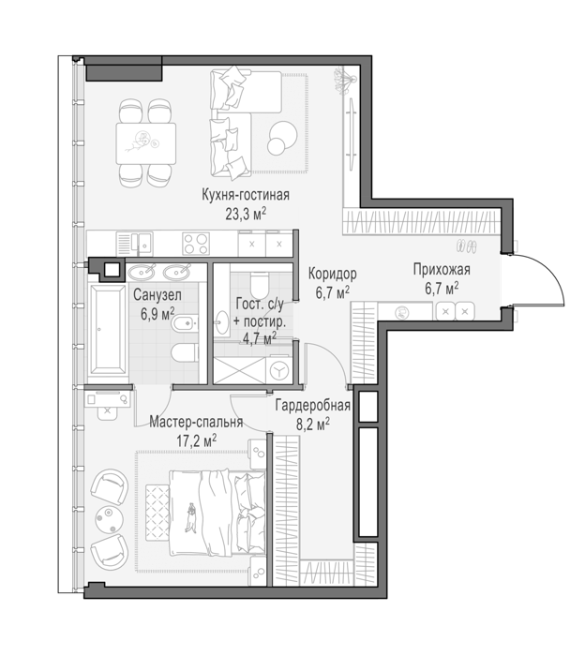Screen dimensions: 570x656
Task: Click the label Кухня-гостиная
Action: (x=246, y=195)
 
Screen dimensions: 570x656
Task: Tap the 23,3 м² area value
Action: (x=246, y=215)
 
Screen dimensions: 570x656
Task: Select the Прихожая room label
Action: (x=442, y=270)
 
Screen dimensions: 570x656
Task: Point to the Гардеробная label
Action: (x=312, y=406)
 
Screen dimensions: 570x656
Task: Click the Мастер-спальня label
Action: (x=196, y=422)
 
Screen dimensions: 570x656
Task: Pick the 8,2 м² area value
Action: (x=313, y=425)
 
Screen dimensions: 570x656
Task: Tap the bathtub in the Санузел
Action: (x=107, y=329)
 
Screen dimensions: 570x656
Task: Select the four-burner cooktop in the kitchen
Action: (x=195, y=244)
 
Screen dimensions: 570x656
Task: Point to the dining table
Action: (x=145, y=143)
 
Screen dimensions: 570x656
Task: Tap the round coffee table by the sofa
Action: (x=280, y=138)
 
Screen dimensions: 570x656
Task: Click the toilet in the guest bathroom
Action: (x=259, y=283)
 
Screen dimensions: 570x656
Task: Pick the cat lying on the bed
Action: (x=191, y=518)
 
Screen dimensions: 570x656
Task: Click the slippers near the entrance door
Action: (x=466, y=246)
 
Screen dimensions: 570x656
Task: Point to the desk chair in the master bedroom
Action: (x=107, y=411)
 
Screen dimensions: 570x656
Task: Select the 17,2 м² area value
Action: (x=196, y=441)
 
